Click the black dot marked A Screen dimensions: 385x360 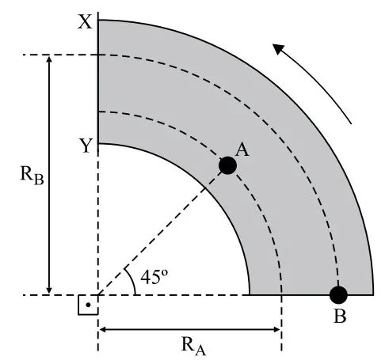click(x=227, y=165)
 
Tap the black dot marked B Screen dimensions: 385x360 click(x=338, y=295)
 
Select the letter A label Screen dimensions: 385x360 click(x=242, y=150)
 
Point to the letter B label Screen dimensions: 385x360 click(x=340, y=316)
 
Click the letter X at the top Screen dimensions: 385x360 click(x=85, y=22)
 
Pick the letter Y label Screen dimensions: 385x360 click(x=86, y=146)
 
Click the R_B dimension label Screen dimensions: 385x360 click(x=32, y=176)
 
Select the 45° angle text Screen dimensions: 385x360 click(x=154, y=277)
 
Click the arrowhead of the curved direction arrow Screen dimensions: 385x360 click(x=277, y=48)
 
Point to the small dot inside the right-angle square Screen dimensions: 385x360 click(x=88, y=305)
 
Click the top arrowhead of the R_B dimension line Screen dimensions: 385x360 click(x=49, y=59)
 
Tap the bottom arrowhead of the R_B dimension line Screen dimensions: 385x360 click(x=49, y=290)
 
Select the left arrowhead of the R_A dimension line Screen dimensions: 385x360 click(x=103, y=329)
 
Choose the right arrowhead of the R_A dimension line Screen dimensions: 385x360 click(x=276, y=329)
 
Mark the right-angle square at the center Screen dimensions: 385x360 click(x=88, y=305)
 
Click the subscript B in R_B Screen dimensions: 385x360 click(x=39, y=180)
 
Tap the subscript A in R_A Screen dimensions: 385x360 click(x=200, y=351)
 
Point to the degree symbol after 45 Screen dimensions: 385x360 click(x=165, y=272)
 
